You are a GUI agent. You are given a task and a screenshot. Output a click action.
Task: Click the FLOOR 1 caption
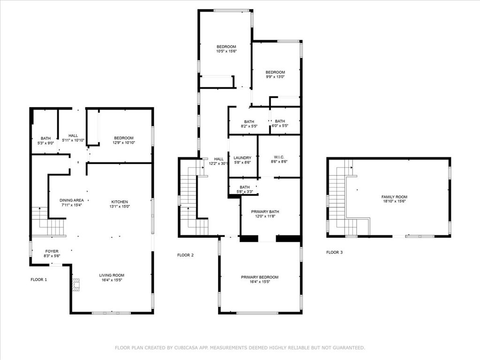pyautogui.click(x=39, y=279)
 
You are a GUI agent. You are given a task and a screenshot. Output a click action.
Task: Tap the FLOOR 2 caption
pyautogui.click(x=186, y=255)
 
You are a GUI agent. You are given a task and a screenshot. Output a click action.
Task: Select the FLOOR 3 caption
pyautogui.click(x=334, y=252)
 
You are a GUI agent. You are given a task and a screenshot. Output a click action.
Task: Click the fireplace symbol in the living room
pyautogui.click(x=76, y=284)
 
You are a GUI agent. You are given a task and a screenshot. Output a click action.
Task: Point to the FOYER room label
pyautogui.click(x=52, y=251)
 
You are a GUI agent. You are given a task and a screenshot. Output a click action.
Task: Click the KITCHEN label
pyautogui.click(x=120, y=202)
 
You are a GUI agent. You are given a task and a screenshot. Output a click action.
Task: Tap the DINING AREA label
pyautogui.click(x=72, y=201)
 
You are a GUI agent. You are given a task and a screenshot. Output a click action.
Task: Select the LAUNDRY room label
pyautogui.click(x=242, y=158)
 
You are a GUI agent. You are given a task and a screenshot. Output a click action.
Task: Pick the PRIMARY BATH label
pyautogui.click(x=265, y=211)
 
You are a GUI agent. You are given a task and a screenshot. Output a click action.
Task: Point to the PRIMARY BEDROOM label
pyautogui.click(x=260, y=277)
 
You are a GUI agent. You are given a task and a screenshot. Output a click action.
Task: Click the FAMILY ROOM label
pyautogui.click(x=394, y=197)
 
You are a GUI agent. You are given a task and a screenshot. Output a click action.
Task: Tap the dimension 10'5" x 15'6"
pyautogui.click(x=226, y=52)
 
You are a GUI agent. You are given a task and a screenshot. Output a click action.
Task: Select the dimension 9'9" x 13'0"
pyautogui.click(x=275, y=77)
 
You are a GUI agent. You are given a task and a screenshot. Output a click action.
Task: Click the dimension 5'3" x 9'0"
pyautogui.click(x=45, y=143)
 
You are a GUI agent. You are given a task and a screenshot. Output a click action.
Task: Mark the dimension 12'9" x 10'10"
pyautogui.click(x=124, y=142)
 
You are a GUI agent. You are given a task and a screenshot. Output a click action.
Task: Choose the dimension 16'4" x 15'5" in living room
pyautogui.click(x=112, y=280)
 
